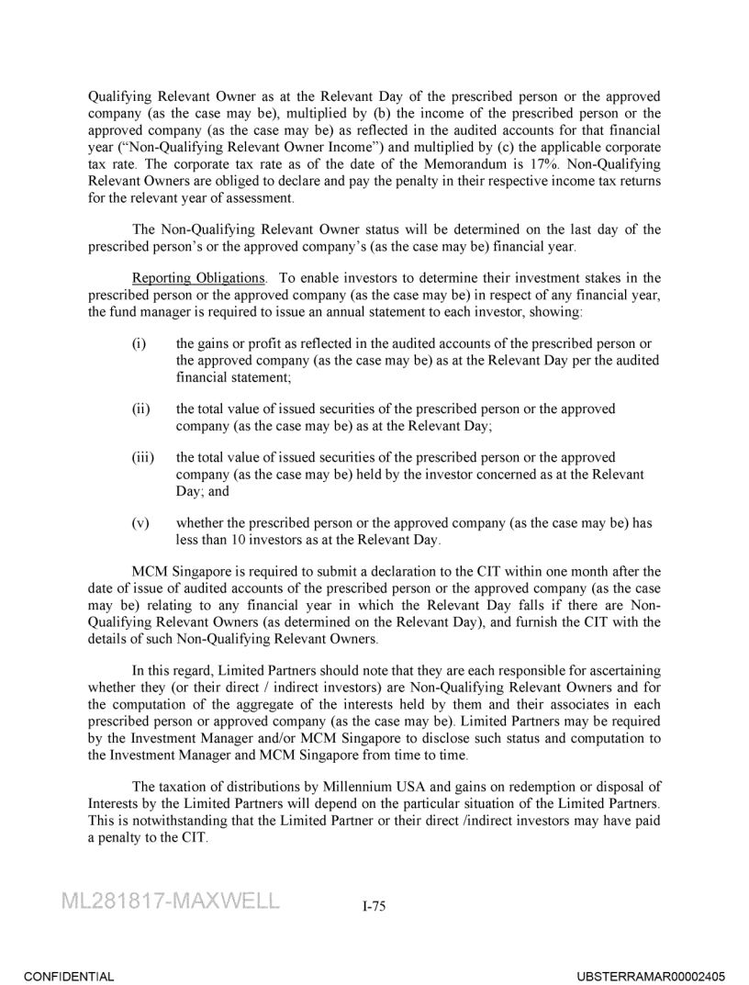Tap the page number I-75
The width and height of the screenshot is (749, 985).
click(374, 906)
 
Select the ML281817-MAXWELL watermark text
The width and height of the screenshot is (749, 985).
click(171, 901)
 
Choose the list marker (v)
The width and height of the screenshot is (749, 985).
click(140, 523)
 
